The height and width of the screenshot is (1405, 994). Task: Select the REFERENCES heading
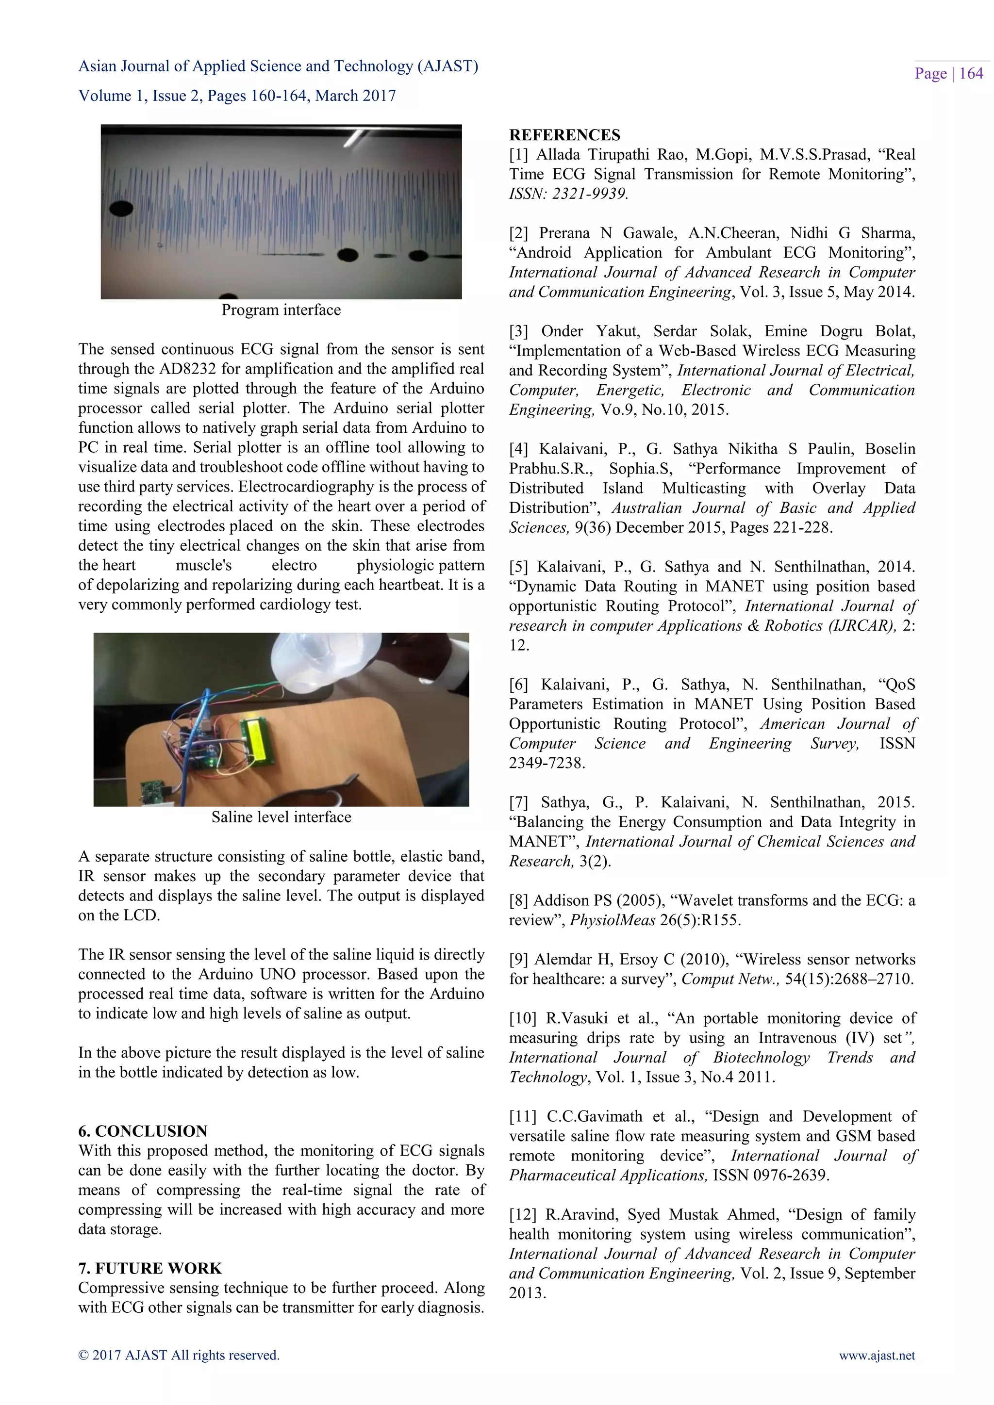564,135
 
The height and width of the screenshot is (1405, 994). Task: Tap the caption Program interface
281,310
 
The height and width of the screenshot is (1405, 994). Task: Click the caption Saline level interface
281,817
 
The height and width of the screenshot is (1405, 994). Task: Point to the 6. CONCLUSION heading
143,1131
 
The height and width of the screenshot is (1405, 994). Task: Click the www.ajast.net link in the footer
877,1356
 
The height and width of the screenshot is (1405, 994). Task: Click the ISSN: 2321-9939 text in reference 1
568,194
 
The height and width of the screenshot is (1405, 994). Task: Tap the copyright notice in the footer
179,1356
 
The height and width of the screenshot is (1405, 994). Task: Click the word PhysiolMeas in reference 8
613,920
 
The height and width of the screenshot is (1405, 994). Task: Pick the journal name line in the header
278,66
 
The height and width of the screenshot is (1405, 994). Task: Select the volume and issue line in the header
237,96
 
